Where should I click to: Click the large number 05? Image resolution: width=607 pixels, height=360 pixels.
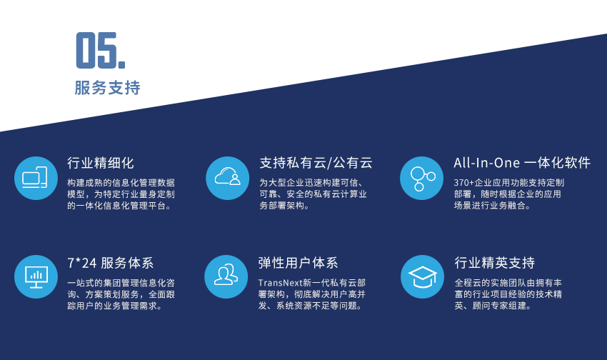click(x=100, y=50)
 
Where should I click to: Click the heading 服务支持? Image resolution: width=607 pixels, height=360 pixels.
click(x=107, y=88)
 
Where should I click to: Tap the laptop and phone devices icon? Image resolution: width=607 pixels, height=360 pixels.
click(x=36, y=178)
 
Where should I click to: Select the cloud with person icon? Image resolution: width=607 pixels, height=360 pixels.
click(x=228, y=178)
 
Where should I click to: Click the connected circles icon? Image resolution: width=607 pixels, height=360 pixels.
click(x=421, y=178)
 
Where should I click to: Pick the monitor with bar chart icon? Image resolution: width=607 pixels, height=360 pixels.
click(x=36, y=276)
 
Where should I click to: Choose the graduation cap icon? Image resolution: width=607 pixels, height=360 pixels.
click(x=422, y=276)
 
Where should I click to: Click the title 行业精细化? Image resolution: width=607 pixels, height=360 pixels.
click(x=101, y=163)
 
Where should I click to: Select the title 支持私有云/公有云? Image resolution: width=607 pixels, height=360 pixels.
click(x=316, y=163)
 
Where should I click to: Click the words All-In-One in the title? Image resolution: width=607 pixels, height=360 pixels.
click(x=486, y=163)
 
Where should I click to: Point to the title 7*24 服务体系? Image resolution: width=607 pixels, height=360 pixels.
click(x=110, y=264)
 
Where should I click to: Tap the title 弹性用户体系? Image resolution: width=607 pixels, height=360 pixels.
click(x=298, y=264)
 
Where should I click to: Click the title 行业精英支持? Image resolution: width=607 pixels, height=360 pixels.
click(x=495, y=264)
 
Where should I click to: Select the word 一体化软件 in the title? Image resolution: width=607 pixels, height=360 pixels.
click(x=558, y=163)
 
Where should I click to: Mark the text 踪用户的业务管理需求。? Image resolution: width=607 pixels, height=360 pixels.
click(x=114, y=306)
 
